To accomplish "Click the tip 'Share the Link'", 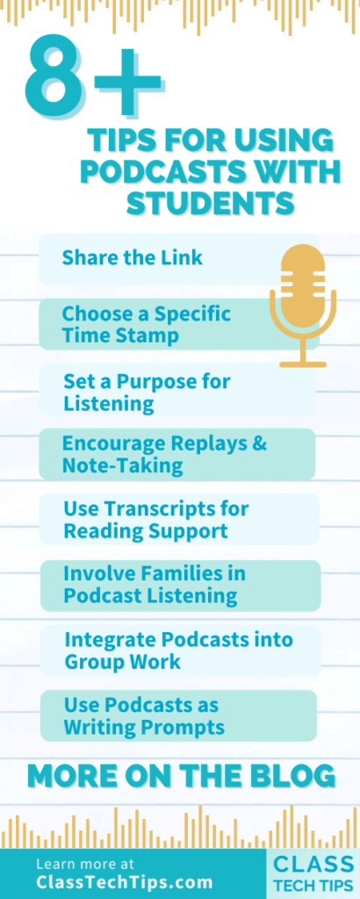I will [x=133, y=257].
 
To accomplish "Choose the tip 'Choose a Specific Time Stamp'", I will [x=146, y=324].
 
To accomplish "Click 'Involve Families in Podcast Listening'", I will [x=155, y=585].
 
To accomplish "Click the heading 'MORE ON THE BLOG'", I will [x=181, y=775].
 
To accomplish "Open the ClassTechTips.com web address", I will [x=124, y=882].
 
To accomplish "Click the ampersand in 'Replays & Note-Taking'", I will [x=258, y=443].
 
